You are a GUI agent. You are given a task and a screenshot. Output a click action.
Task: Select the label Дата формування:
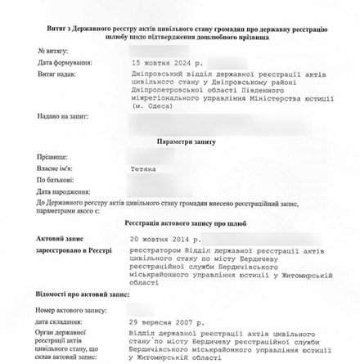pyautogui.click(x=65, y=62)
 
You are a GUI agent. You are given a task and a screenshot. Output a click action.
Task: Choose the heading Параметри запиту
pyautogui.click(x=187, y=142)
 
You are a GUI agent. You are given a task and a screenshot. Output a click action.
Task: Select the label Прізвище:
pyautogui.click(x=51, y=156)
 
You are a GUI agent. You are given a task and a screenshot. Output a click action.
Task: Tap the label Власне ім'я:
pyautogui.click(x=55, y=168)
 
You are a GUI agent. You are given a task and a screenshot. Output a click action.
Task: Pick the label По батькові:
pyautogui.click(x=55, y=179)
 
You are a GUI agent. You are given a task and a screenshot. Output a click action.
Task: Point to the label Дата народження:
pyautogui.click(x=62, y=191)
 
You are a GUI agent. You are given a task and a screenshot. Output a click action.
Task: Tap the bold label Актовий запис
pyautogui.click(x=56, y=238)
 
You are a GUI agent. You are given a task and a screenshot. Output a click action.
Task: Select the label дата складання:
pyautogui.click(x=59, y=322)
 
